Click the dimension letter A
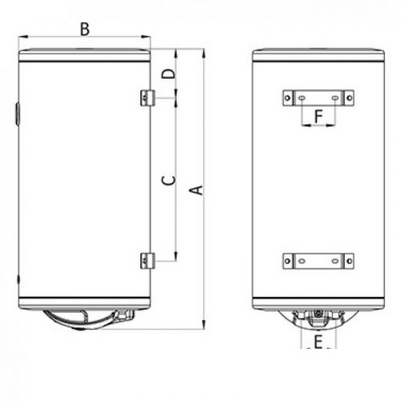tap(195, 189)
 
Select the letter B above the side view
tap(84, 30)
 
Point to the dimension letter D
tap(166, 75)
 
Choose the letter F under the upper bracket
tap(318, 117)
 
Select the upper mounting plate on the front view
tap(318, 98)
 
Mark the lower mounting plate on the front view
tap(318, 261)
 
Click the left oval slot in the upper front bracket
tap(302, 98)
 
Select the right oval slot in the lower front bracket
tap(335, 261)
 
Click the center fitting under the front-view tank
tap(318, 314)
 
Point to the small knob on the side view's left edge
tap(17, 113)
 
